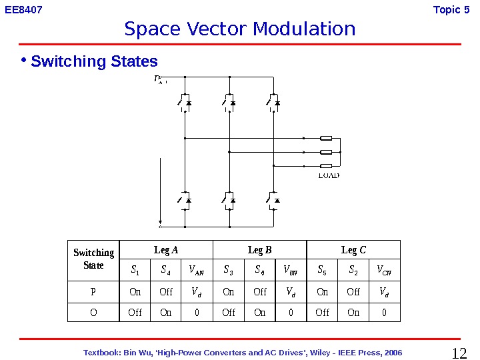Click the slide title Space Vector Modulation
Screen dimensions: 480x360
click(239, 29)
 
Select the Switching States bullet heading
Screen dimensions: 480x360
click(94, 62)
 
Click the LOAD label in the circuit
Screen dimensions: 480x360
click(329, 175)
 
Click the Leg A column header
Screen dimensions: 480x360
click(166, 250)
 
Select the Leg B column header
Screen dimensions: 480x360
click(259, 250)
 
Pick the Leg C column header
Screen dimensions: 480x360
click(353, 250)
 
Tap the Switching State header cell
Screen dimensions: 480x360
click(93, 259)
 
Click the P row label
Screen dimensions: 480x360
click(93, 292)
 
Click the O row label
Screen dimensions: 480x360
click(93, 312)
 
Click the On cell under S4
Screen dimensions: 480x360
click(166, 312)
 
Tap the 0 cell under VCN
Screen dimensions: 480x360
click(385, 312)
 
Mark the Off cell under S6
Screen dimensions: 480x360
click(260, 292)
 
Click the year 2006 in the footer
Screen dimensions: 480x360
click(393, 352)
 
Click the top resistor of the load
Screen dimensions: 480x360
click(327, 139)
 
